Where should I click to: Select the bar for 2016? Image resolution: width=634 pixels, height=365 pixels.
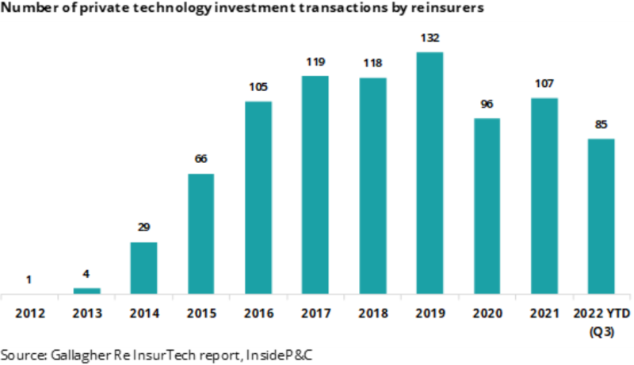pyautogui.click(x=258, y=197)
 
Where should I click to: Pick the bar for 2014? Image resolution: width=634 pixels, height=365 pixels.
pyautogui.click(x=143, y=268)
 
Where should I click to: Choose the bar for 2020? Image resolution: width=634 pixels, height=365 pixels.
pyautogui.click(x=487, y=206)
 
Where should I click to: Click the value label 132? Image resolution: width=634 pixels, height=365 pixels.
pyautogui.click(x=430, y=37)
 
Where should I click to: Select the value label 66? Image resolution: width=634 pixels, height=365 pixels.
pyautogui.click(x=201, y=158)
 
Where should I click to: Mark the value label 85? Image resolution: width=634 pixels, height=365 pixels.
pyautogui.click(x=602, y=124)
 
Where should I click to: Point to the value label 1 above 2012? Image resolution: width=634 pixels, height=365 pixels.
pyautogui.click(x=29, y=279)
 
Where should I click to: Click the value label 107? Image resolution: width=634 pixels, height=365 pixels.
pyautogui.click(x=544, y=83)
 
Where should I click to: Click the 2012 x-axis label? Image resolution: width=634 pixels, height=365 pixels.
pyautogui.click(x=29, y=314)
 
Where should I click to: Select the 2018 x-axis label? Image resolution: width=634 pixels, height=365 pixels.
pyautogui.click(x=372, y=314)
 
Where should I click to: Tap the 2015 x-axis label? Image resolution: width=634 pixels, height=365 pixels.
pyautogui.click(x=201, y=314)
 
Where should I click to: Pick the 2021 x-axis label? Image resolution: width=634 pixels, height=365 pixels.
pyautogui.click(x=544, y=314)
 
